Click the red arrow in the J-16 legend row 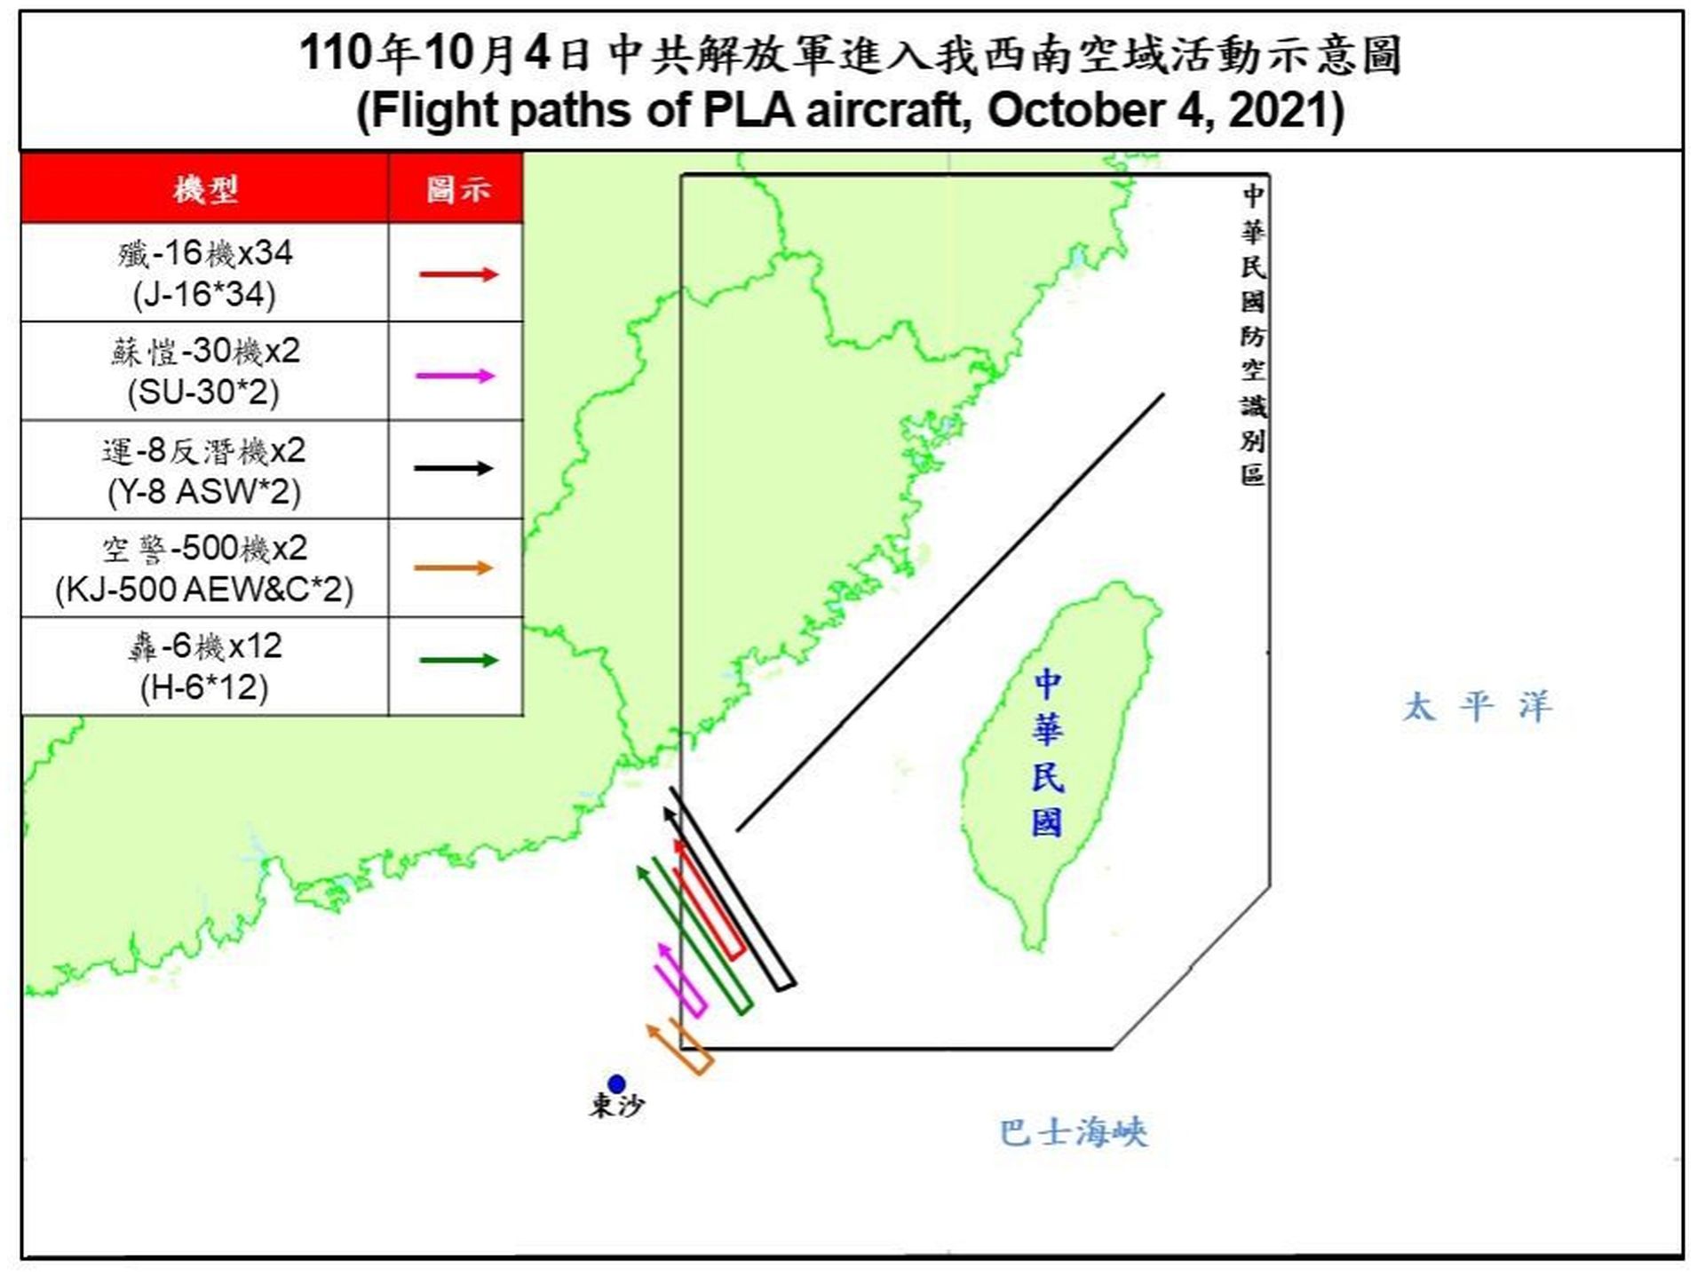(x=458, y=274)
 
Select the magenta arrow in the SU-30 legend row (x=455, y=376)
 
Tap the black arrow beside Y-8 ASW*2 (x=453, y=468)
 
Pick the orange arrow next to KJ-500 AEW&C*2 (x=453, y=567)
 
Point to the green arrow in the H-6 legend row (x=458, y=660)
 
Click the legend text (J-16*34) (x=204, y=295)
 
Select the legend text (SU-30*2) (x=203, y=393)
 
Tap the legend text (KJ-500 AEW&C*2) (x=204, y=590)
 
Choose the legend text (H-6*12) (x=204, y=687)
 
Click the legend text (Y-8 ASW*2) (x=204, y=491)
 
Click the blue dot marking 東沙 (x=616, y=1083)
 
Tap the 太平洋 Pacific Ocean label (x=1477, y=708)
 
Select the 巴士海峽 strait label (x=1073, y=1133)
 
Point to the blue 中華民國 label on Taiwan (x=1047, y=753)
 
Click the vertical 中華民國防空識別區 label (x=1253, y=335)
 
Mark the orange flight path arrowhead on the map (x=654, y=1031)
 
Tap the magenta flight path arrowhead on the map (x=662, y=949)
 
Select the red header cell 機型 (x=205, y=189)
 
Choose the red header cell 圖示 (x=456, y=189)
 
